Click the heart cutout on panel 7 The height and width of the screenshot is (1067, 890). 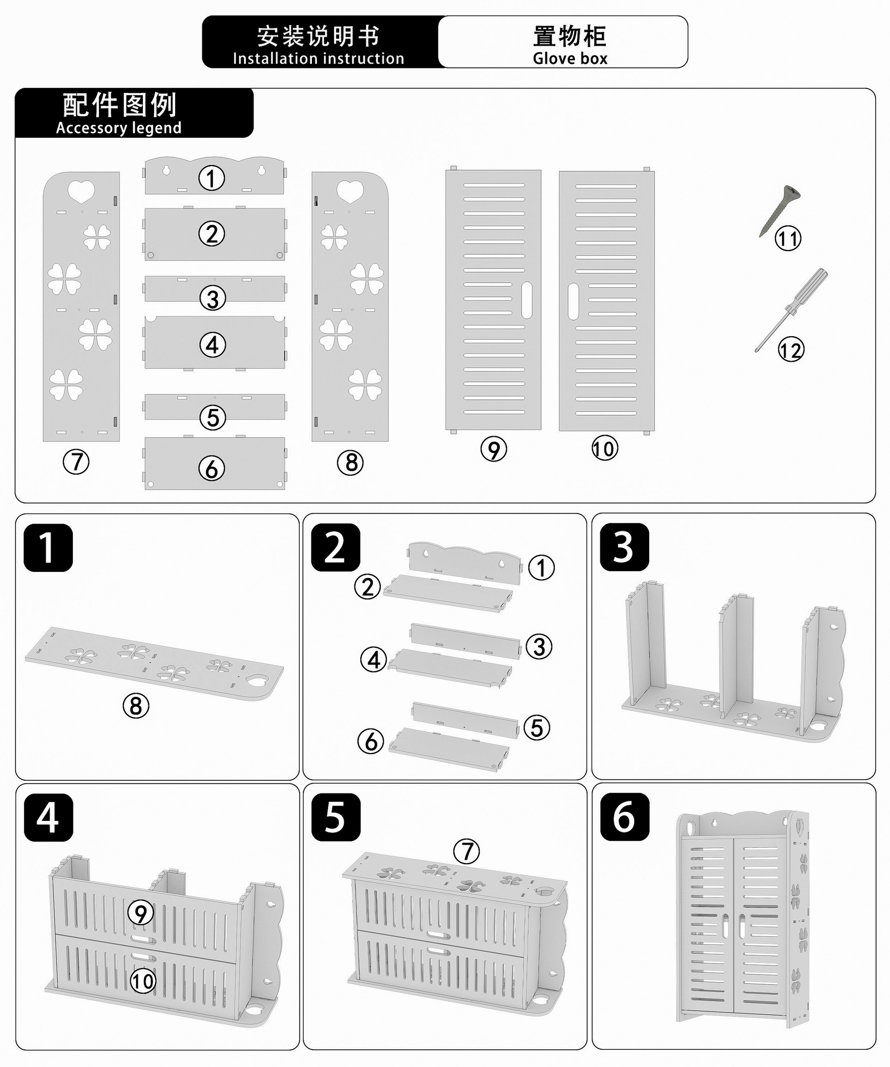[x=81, y=191]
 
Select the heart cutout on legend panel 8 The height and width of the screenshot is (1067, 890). [x=350, y=191]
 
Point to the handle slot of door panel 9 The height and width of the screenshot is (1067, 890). [x=526, y=300]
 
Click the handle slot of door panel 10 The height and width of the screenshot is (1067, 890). [x=573, y=301]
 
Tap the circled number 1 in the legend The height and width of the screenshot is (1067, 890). [x=212, y=178]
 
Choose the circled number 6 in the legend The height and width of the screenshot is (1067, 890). [x=212, y=468]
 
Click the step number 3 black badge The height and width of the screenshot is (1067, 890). [x=624, y=547]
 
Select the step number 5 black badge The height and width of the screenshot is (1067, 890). [x=335, y=817]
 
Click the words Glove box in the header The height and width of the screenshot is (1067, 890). [x=570, y=58]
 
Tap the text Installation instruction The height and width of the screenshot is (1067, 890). [x=318, y=58]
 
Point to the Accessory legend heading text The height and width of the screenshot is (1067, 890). [x=118, y=128]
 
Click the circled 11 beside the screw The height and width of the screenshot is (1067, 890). [x=788, y=239]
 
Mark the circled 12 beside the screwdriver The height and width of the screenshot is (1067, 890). [x=790, y=350]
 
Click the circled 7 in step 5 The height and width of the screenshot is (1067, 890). [x=466, y=851]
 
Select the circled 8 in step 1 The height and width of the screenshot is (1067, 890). [x=136, y=706]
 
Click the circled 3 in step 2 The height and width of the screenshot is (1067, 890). [x=539, y=647]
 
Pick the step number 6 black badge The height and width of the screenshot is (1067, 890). [x=624, y=817]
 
